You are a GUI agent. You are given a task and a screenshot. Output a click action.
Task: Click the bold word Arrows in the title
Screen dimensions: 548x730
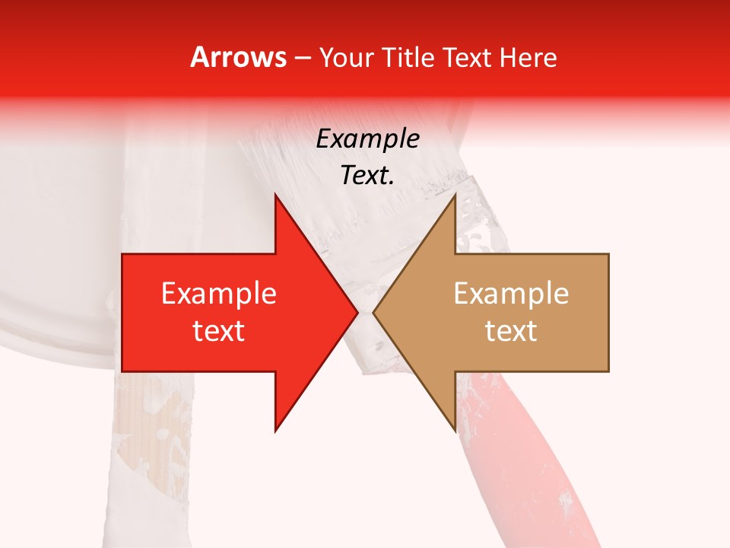tap(239, 57)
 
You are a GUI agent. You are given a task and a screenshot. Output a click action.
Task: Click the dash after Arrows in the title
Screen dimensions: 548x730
tap(302, 58)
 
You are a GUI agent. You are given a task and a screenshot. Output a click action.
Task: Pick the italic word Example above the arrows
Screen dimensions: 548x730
tap(367, 139)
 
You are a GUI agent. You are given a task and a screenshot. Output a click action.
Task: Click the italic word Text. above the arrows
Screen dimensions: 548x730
tap(367, 175)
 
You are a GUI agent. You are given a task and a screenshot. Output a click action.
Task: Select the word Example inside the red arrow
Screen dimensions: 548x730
tap(219, 294)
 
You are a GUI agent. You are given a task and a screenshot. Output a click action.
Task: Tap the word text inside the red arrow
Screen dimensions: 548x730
tap(219, 331)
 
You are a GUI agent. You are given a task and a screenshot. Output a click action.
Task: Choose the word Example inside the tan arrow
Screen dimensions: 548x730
tap(511, 294)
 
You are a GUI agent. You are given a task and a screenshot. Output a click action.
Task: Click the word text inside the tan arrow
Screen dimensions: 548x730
tap(511, 331)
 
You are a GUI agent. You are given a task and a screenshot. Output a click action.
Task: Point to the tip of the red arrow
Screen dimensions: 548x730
tap(357, 312)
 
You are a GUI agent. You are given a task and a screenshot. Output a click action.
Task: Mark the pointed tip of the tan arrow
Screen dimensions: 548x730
tap(373, 312)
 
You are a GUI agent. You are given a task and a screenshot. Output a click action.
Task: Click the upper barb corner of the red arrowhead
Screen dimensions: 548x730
tap(275, 194)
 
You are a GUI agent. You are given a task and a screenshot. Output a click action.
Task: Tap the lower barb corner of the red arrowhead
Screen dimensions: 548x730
tap(275, 431)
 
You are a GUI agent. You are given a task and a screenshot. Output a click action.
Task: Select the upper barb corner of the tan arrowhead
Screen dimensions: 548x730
tap(455, 194)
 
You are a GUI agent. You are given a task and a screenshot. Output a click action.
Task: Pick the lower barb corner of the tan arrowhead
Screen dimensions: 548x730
tap(455, 431)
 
